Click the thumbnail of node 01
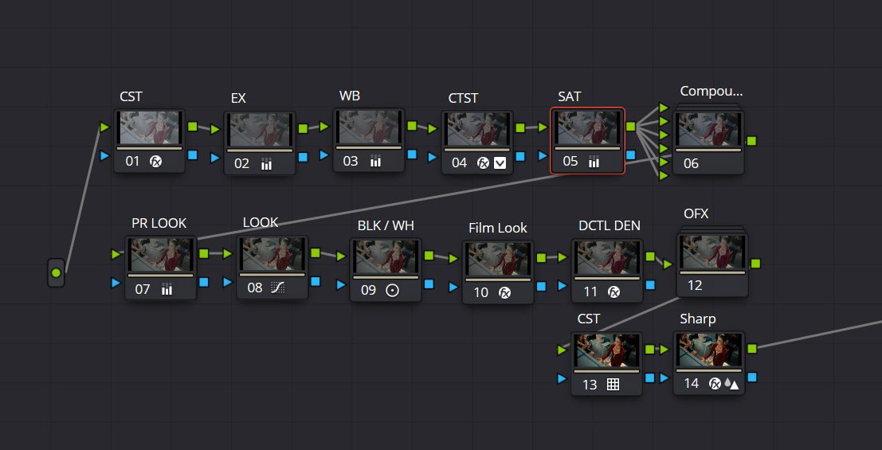point(150,127)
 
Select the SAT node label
point(569,96)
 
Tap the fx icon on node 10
point(505,292)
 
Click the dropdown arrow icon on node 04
point(500,163)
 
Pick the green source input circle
point(56,273)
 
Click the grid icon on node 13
point(613,384)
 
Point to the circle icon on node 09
point(392,290)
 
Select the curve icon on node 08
point(278,288)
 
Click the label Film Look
point(498,228)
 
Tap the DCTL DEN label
point(610,225)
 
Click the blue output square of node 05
point(630,155)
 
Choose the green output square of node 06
point(751,141)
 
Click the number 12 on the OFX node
point(695,285)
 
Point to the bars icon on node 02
point(266,164)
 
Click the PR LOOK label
point(159,223)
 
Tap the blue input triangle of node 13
point(562,378)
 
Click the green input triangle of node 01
point(104,127)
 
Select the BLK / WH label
point(386,225)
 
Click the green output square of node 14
point(751,349)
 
